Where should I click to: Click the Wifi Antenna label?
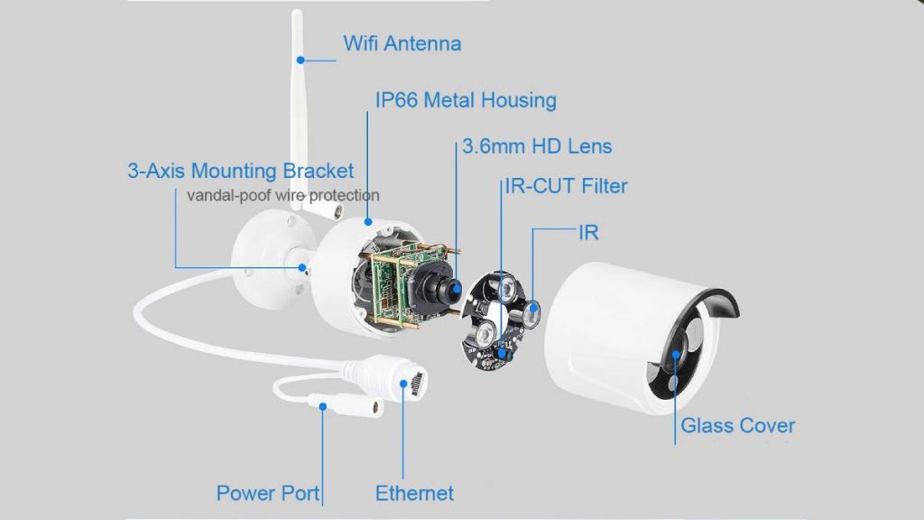click(402, 43)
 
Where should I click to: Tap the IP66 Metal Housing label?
click(466, 100)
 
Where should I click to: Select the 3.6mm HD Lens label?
click(537, 146)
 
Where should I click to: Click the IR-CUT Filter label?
click(567, 186)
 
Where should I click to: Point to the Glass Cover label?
click(737, 426)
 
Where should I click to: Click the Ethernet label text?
click(414, 494)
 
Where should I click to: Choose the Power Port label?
click(267, 494)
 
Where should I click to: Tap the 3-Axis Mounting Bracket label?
click(240, 171)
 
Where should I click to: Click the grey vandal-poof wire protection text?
click(282, 195)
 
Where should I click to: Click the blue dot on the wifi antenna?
click(300, 60)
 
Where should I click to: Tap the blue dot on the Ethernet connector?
click(403, 384)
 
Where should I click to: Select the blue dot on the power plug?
click(323, 406)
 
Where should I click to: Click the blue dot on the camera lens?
click(456, 289)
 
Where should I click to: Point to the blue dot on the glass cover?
click(676, 354)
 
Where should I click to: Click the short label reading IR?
click(588, 233)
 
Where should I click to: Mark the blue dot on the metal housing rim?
click(368, 222)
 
